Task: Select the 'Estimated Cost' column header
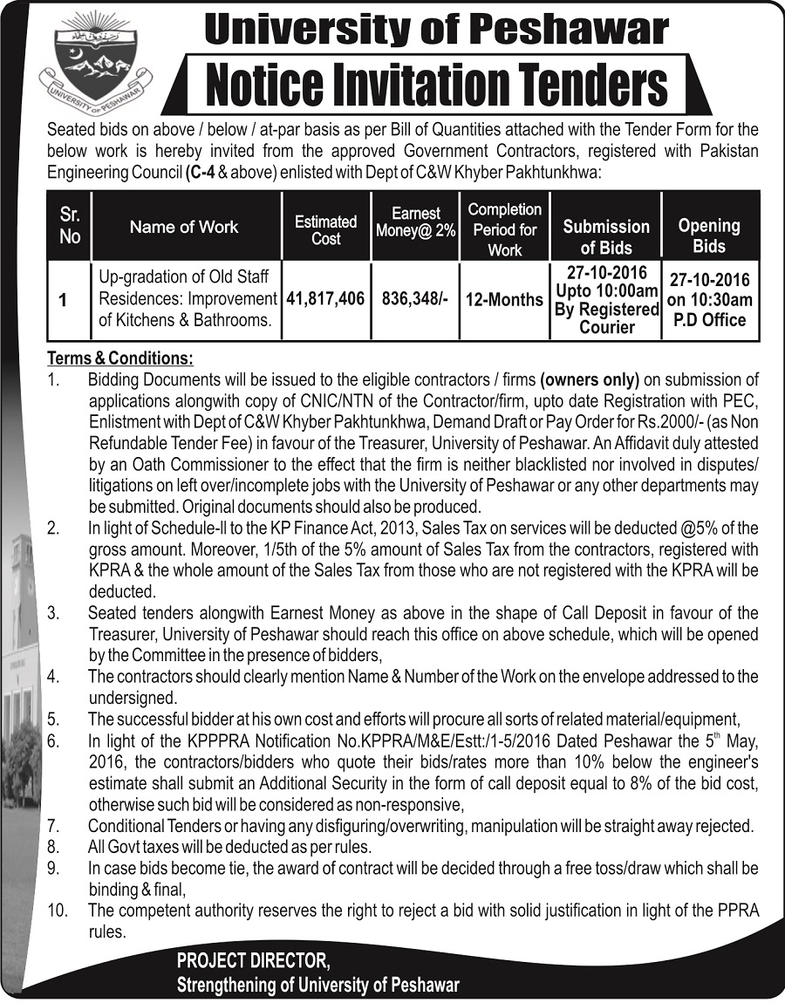coord(326,229)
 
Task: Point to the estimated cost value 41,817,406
coord(324,298)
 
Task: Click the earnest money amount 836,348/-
coord(416,298)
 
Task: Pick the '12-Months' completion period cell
coord(504,298)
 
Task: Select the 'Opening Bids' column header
coord(709,235)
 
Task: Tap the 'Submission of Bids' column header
coord(606,235)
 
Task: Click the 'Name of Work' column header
coord(184,227)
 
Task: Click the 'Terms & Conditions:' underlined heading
coord(120,358)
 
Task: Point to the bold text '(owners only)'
coord(590,379)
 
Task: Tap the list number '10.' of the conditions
coord(58,911)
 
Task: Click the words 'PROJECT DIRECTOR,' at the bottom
coord(254,961)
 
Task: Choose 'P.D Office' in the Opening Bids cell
coord(709,319)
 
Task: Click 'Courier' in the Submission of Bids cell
coord(607,327)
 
